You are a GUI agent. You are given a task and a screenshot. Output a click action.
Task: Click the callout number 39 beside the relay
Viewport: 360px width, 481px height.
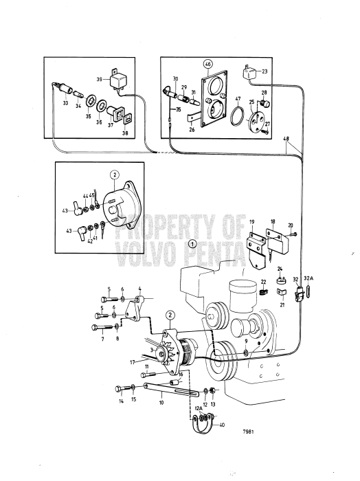(100, 79)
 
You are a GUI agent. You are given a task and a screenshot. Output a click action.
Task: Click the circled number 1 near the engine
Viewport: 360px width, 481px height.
(193, 243)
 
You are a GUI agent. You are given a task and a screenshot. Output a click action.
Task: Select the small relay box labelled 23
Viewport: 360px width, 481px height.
(249, 72)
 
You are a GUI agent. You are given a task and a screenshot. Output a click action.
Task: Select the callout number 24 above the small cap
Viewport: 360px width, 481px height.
(280, 269)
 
